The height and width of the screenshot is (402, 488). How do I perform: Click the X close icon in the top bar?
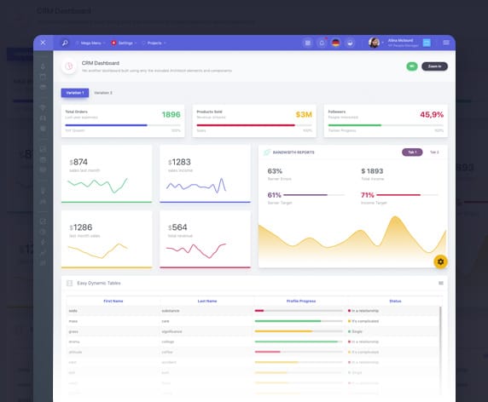click(43, 43)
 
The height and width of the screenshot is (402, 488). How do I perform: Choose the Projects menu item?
click(154, 43)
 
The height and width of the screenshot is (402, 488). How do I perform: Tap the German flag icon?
click(335, 43)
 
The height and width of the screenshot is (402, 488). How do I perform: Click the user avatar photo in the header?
click(374, 43)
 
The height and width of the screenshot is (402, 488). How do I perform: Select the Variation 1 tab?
click(74, 92)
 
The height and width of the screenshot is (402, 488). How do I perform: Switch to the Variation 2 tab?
click(103, 92)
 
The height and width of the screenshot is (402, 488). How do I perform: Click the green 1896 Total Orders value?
click(171, 114)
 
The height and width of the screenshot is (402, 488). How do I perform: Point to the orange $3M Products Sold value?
click(304, 114)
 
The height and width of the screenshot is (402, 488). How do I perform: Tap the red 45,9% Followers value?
click(432, 114)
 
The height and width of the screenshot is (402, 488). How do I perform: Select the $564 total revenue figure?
click(177, 227)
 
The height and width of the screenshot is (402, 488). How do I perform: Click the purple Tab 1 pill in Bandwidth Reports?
click(412, 152)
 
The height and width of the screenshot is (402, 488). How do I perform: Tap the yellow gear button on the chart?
click(440, 261)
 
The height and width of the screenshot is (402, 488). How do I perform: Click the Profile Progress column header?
click(301, 301)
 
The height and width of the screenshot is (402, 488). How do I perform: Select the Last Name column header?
click(207, 301)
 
